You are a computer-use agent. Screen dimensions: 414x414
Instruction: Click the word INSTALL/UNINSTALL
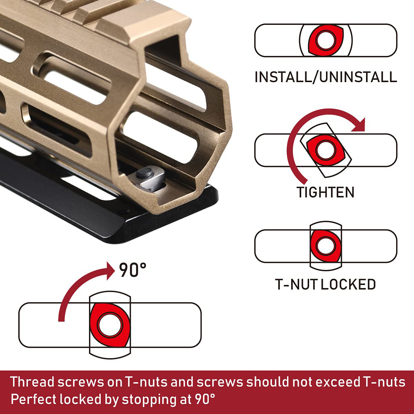click(326, 77)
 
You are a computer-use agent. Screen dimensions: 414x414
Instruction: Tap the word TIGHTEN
click(326, 192)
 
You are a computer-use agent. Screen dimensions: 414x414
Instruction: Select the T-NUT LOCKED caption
click(326, 284)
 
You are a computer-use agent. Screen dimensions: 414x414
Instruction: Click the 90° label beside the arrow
click(133, 270)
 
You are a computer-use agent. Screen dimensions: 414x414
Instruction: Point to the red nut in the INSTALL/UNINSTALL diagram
click(326, 40)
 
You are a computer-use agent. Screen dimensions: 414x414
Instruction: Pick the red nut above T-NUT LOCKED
click(325, 246)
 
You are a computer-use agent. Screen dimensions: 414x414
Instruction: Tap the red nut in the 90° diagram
click(110, 324)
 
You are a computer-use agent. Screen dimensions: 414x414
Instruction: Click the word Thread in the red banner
click(32, 382)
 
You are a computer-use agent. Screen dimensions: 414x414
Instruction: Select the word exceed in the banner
click(337, 382)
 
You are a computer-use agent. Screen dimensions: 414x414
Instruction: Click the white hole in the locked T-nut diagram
click(325, 246)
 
